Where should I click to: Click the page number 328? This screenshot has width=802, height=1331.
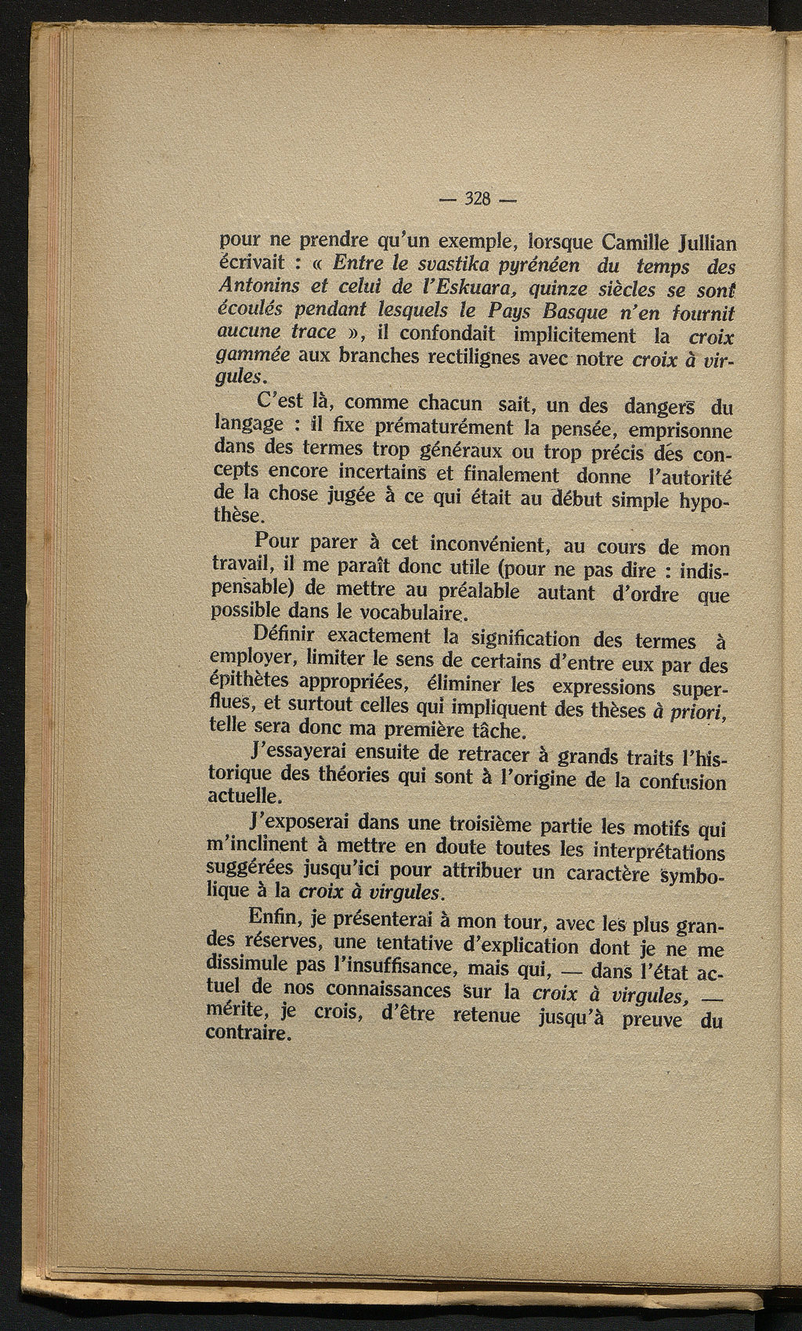tap(477, 198)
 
